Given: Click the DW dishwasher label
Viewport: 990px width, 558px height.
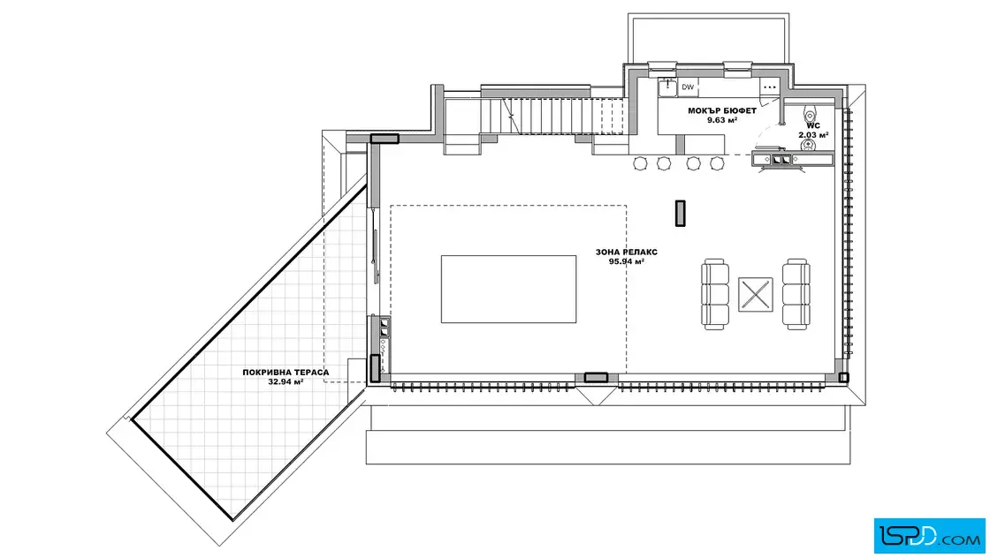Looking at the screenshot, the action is [688, 87].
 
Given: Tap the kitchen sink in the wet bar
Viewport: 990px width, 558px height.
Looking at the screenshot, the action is [668, 87].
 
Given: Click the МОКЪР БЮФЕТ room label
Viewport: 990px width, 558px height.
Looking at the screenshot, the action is [722, 110].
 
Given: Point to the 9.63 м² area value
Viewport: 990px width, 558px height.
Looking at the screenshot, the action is [722, 120].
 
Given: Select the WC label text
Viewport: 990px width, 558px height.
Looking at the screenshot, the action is [813, 125].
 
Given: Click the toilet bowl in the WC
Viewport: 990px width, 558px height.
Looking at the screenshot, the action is [810, 116].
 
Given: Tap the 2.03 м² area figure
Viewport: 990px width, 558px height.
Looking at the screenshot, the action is [813, 135].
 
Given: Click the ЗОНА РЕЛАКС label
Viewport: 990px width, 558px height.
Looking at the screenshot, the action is [627, 253].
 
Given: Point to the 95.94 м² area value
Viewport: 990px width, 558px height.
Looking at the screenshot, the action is [627, 261].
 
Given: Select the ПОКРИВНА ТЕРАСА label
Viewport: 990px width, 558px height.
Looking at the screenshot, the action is [286, 373].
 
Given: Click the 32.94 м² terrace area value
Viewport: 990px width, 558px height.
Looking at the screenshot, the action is [286, 382].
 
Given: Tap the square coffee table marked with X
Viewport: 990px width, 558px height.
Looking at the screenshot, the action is [756, 294].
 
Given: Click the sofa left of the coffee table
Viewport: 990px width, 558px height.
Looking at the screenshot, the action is [715, 294].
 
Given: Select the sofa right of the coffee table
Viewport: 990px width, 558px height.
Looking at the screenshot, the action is [796, 294].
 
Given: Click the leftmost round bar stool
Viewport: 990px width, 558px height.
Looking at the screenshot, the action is [640, 164].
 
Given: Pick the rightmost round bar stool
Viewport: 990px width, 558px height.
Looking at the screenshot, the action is [717, 164].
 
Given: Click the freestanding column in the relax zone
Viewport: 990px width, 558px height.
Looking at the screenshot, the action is [680, 213].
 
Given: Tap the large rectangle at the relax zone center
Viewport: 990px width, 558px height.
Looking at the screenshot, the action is [509, 290].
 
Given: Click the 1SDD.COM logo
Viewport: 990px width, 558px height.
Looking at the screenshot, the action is [929, 535].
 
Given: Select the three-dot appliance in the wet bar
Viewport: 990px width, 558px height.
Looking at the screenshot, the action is [770, 87].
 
